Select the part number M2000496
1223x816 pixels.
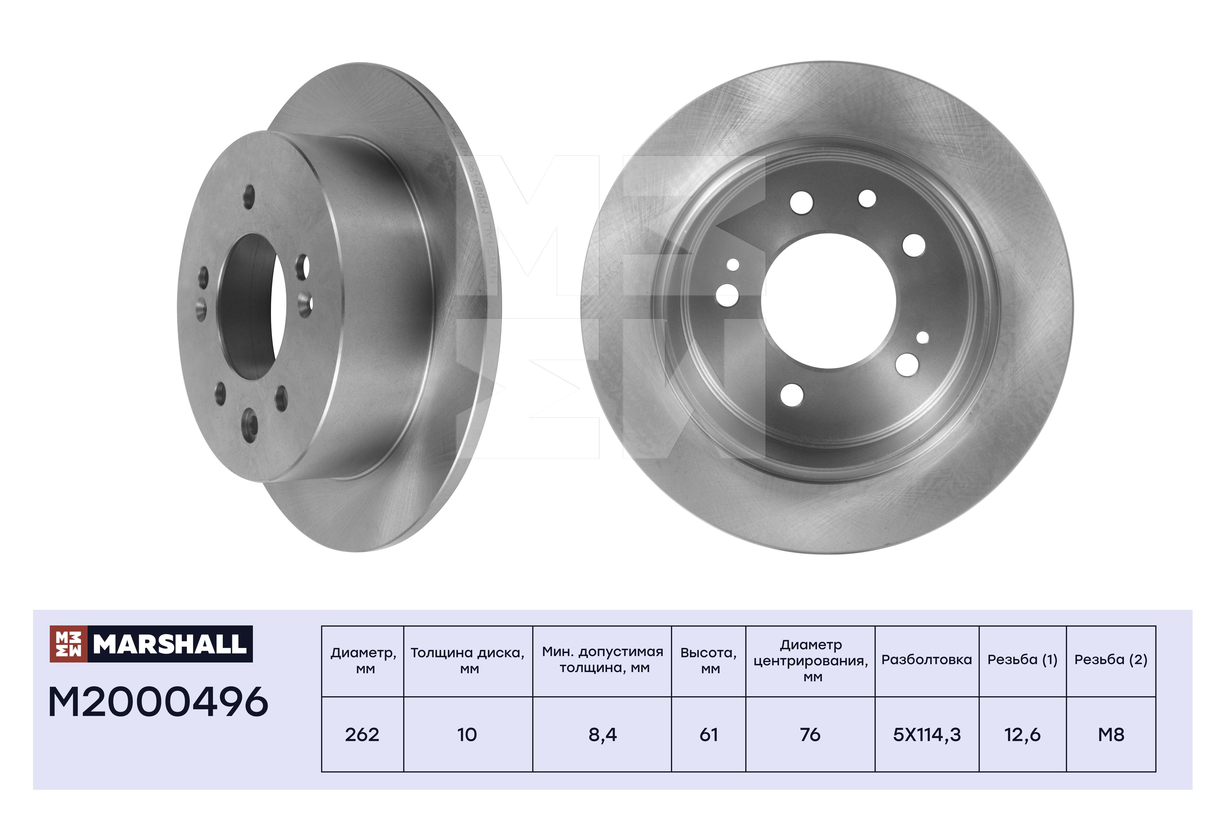coord(158,702)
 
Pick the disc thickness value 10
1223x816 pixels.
coord(467,734)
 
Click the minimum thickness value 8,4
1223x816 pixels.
coord(603,735)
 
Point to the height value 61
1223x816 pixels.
coord(709,734)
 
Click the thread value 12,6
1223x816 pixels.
coord(1022,735)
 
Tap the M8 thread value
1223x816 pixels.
coord(1111,734)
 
